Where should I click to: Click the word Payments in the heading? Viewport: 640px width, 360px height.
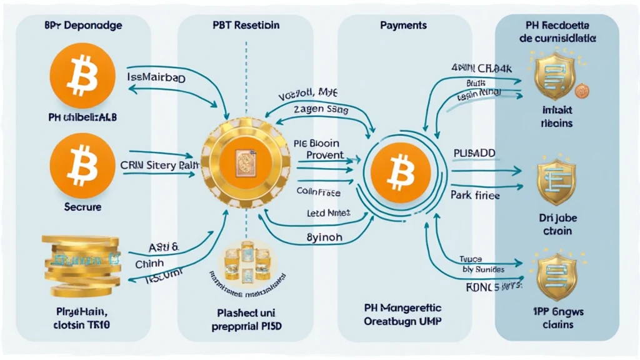tap(403, 26)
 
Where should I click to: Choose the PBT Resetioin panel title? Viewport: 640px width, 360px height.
tap(246, 26)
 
